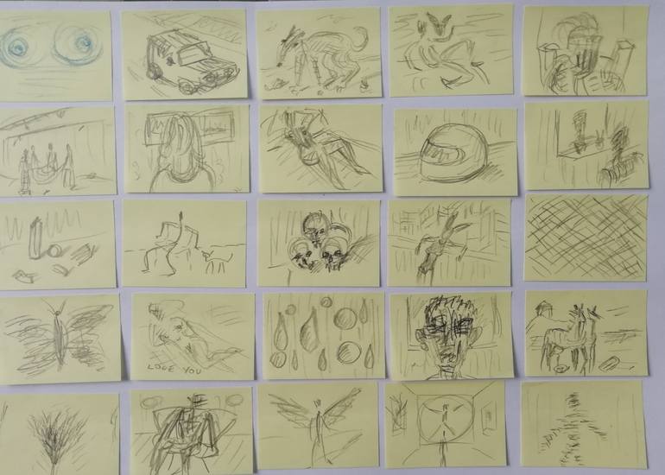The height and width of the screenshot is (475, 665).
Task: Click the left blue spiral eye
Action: click(16, 47)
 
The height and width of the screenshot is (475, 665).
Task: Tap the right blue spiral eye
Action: click(78, 44)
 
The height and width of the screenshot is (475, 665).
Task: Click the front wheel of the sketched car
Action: click(187, 87)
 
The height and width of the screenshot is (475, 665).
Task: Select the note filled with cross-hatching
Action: click(586, 237)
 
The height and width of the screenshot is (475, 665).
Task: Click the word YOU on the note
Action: click(192, 370)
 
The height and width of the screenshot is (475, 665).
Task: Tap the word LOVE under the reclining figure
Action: click(161, 368)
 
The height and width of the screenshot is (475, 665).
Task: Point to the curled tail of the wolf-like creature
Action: click(360, 38)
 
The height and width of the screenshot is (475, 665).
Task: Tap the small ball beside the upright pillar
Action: click(54, 251)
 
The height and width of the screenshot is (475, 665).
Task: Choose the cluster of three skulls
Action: click(320, 244)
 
